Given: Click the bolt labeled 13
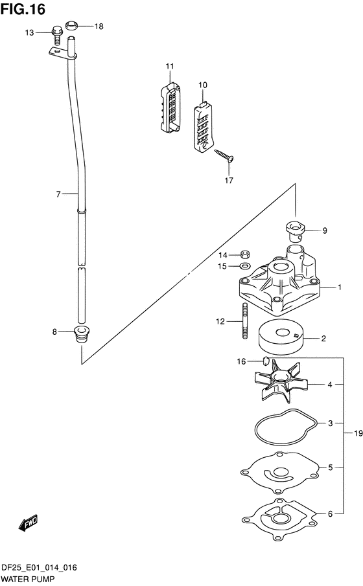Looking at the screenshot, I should [x=56, y=32].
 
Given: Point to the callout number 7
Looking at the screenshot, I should [x=58, y=194].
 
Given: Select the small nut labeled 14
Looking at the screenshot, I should [x=244, y=254].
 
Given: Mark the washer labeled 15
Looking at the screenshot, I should [x=244, y=265].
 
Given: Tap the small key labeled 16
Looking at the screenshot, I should [x=265, y=361].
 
